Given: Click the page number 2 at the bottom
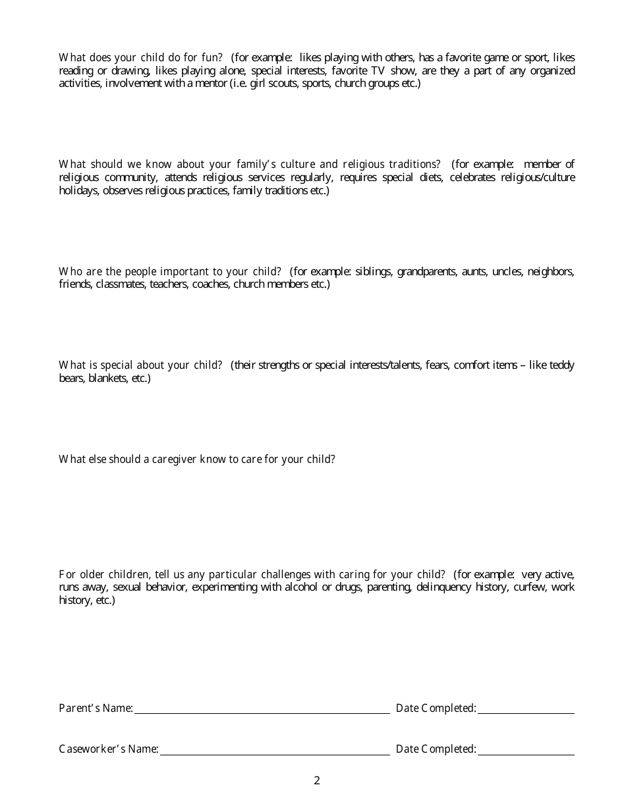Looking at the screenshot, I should click(x=317, y=781).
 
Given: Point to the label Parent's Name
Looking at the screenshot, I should click(x=96, y=709).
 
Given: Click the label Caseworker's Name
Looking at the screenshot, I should click(x=108, y=749).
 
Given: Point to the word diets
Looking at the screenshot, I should click(x=430, y=178).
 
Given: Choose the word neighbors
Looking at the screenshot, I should click(x=551, y=271).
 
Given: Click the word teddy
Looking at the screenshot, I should click(x=561, y=365).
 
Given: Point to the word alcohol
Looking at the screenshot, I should click(x=302, y=587).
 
